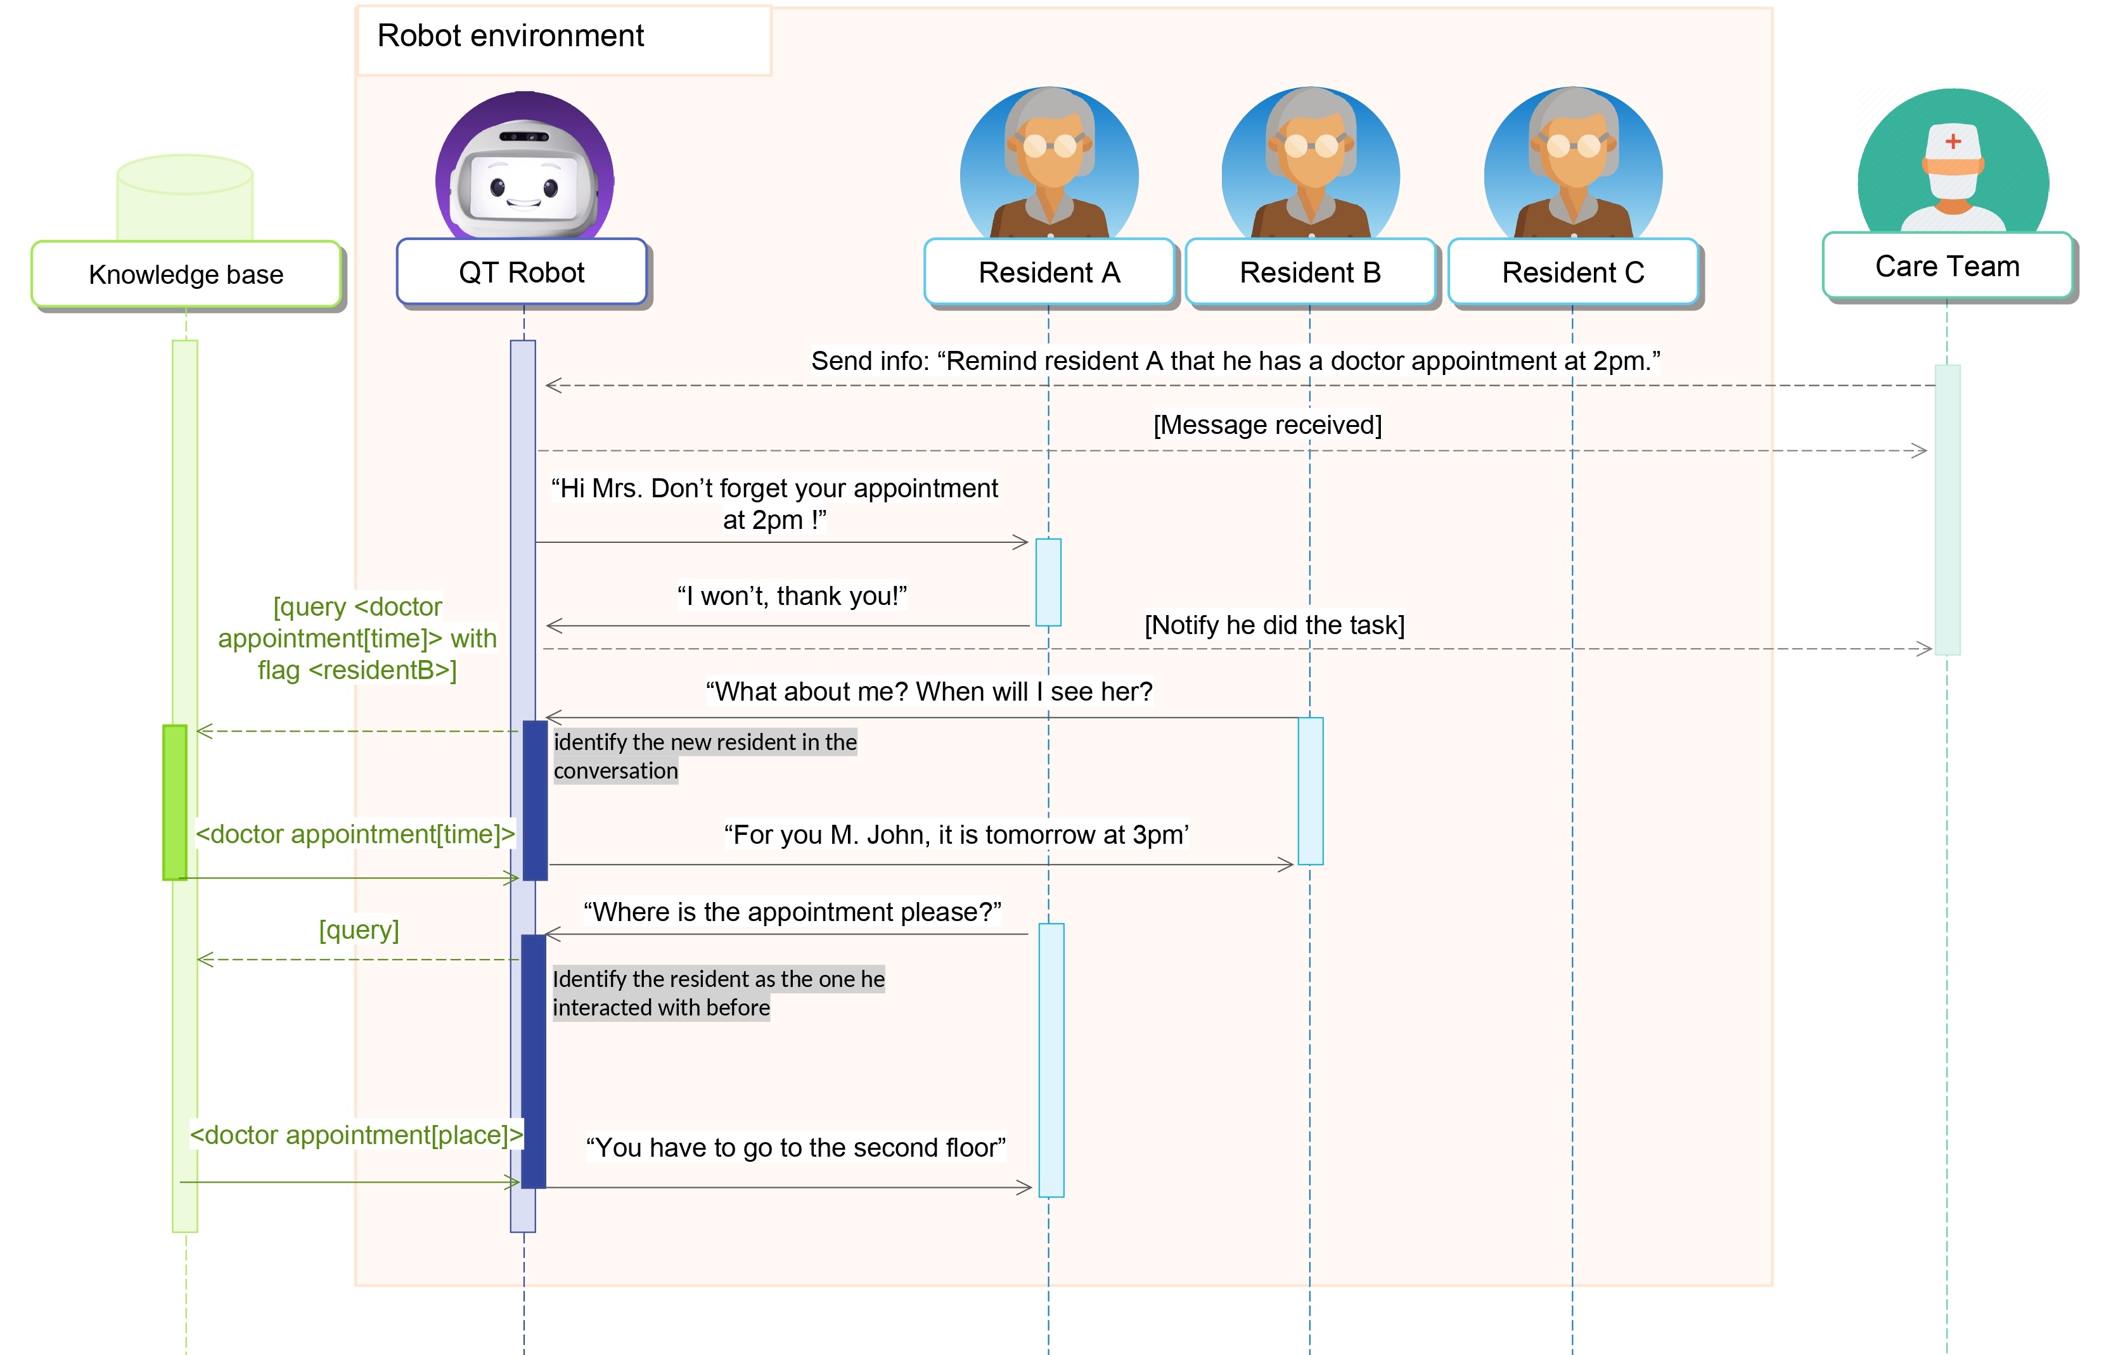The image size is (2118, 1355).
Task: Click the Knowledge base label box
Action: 186,274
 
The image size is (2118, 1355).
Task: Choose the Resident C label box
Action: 1572,272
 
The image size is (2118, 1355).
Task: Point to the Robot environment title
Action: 511,36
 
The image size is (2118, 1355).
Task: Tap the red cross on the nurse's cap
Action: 1953,141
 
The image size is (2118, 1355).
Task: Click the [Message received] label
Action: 1267,425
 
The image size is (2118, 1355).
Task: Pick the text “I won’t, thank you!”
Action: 792,595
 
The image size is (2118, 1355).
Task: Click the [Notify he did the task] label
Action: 1274,625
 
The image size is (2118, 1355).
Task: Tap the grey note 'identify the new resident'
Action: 704,756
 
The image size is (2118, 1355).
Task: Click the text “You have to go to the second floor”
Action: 795,1147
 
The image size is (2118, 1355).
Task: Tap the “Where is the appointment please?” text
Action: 792,912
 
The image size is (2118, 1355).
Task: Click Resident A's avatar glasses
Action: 1049,145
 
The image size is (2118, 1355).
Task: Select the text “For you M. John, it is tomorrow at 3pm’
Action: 956,834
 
